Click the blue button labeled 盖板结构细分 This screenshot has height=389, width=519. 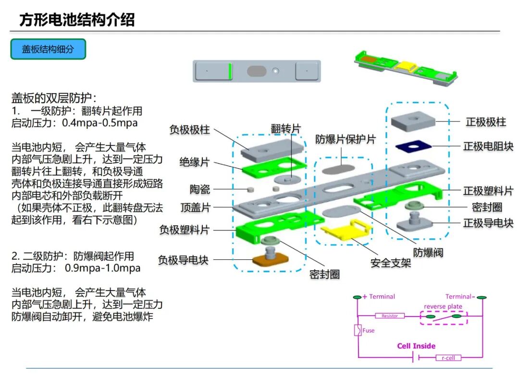coord(48,49)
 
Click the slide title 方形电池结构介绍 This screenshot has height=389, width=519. coord(77,20)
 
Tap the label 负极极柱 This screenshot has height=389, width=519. coord(189,130)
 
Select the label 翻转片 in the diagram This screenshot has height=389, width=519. coord(285,128)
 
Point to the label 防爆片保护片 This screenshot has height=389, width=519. coord(345,140)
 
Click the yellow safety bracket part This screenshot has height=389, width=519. coord(346,230)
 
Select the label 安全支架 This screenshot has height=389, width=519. coord(391,263)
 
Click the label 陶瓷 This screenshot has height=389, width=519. coord(200,189)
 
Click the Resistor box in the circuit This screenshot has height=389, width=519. coord(390,316)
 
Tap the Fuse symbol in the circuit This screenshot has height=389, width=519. coord(358,330)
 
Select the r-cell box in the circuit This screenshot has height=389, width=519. coord(448,357)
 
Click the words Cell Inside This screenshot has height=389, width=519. coord(416,346)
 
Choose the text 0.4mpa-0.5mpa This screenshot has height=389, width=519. coord(100,123)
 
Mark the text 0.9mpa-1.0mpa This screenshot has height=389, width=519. coord(102,268)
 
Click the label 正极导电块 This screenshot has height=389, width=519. coord(488,223)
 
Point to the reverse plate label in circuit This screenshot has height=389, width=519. coord(443,306)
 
